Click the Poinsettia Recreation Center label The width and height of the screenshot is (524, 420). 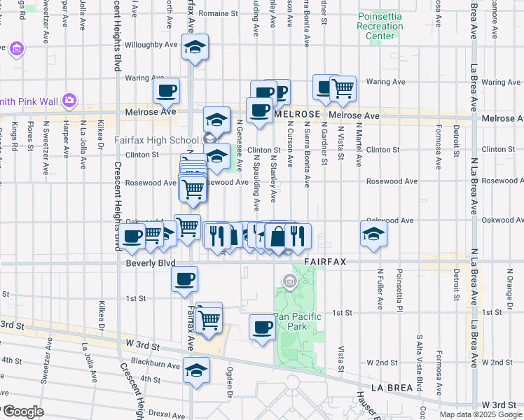coord(380,26)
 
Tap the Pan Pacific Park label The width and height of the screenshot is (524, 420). coord(298,321)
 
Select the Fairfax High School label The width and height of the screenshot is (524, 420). coord(159,139)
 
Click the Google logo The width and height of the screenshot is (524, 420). coord(22,411)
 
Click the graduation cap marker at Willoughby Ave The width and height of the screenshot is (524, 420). coord(195,47)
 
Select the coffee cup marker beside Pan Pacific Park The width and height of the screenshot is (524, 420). coord(263,327)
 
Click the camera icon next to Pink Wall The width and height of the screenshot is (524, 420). coord(69,99)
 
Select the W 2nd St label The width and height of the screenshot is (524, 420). coord(381,362)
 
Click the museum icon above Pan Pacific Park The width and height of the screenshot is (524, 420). coord(289,282)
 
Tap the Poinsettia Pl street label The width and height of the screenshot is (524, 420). coord(400,290)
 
